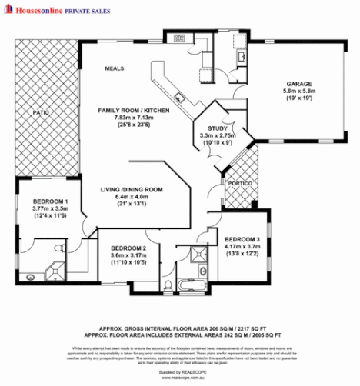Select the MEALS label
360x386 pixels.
(x=115, y=68)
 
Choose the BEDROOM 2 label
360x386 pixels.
(x=127, y=248)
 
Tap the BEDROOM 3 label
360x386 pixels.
(x=241, y=239)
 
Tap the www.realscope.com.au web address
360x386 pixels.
(x=180, y=377)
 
